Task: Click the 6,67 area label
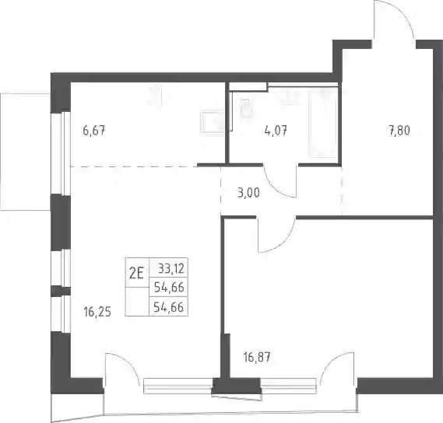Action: tap(94, 131)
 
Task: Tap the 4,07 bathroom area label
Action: tap(276, 131)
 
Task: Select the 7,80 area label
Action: tap(399, 131)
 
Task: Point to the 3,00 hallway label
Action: tap(248, 194)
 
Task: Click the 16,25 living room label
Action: tap(97, 312)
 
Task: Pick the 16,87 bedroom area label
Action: tap(257, 357)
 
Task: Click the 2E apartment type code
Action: tap(136, 273)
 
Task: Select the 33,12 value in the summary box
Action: tap(171, 268)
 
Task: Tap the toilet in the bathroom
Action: tap(245, 107)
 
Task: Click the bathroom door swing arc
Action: tap(280, 181)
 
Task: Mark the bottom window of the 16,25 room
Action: tap(178, 386)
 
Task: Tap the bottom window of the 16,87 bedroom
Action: tap(288, 386)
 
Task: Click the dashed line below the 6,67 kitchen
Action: tap(134, 166)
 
